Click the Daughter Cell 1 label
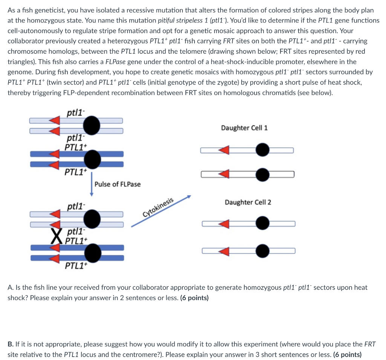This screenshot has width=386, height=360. pos(244,128)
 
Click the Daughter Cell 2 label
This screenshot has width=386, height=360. pos(248,202)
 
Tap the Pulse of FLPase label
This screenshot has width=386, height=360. pos(118,184)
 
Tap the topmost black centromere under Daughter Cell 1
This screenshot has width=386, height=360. pos(262,150)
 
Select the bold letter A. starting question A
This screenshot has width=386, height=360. pos(10,288)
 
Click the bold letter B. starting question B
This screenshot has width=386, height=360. pos(10,344)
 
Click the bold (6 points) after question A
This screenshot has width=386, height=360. pos(195,298)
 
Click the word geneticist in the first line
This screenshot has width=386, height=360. pos(46,11)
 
